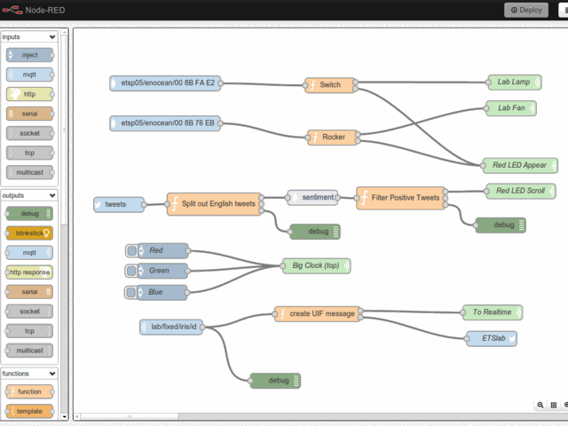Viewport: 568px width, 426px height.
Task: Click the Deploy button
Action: (x=526, y=10)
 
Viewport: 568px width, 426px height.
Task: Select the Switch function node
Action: (x=329, y=85)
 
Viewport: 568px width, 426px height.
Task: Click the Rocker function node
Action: (x=333, y=137)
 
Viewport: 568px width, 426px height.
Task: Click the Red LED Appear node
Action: (x=519, y=165)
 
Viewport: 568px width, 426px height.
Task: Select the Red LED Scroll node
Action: (x=520, y=191)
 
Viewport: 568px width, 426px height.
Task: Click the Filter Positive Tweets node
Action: (x=402, y=198)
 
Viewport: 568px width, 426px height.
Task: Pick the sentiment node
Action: (x=312, y=197)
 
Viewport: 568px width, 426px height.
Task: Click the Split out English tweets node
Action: (x=216, y=204)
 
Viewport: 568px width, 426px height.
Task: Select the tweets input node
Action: (x=118, y=204)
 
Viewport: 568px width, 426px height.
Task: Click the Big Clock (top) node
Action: (x=316, y=265)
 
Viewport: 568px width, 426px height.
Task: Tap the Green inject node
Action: (x=157, y=271)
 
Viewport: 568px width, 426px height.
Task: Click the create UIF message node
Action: (x=319, y=313)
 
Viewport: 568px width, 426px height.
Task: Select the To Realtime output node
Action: (x=493, y=312)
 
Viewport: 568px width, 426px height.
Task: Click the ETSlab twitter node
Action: (x=493, y=337)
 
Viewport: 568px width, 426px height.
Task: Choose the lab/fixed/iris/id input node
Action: (x=172, y=327)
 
